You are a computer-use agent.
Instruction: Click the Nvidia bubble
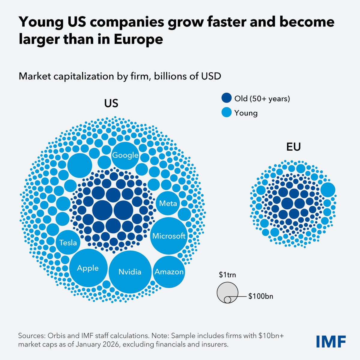click(x=130, y=272)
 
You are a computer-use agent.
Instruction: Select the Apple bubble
click(x=88, y=268)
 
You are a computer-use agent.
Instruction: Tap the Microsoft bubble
click(x=169, y=236)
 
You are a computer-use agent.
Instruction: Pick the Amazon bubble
click(x=169, y=272)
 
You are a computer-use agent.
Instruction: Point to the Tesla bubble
click(x=68, y=242)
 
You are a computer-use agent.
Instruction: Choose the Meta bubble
click(x=168, y=203)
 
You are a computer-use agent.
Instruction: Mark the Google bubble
click(x=125, y=155)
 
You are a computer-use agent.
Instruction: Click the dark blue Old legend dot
click(x=226, y=98)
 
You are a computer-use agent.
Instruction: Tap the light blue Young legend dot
click(x=226, y=112)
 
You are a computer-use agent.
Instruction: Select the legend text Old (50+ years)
click(x=262, y=98)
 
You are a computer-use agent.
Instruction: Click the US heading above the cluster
click(x=111, y=103)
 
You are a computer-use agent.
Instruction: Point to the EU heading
click(x=293, y=147)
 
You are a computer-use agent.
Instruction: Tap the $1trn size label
click(x=227, y=274)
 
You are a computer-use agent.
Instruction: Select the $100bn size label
click(x=261, y=296)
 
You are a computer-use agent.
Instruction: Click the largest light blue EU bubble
click(x=328, y=190)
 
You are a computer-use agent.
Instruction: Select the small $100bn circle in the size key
click(x=227, y=299)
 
